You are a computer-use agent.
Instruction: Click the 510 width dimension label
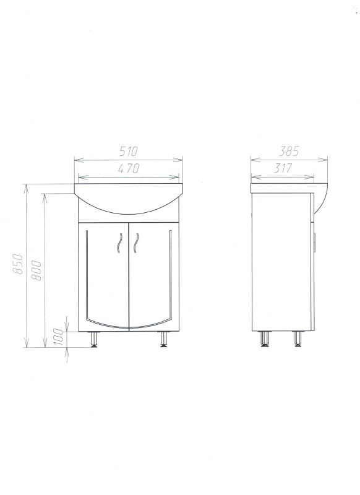point(129,152)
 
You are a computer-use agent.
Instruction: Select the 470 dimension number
point(129,168)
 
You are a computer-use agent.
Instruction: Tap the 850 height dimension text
point(18,264)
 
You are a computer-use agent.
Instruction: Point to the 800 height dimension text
point(36,270)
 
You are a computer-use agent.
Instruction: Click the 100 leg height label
point(58,337)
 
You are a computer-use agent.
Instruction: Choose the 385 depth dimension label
point(289,152)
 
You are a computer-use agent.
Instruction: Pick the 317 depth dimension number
point(283,168)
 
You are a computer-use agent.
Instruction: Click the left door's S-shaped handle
point(119,243)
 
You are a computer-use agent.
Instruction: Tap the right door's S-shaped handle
point(136,243)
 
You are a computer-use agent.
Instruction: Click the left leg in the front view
point(94,339)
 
